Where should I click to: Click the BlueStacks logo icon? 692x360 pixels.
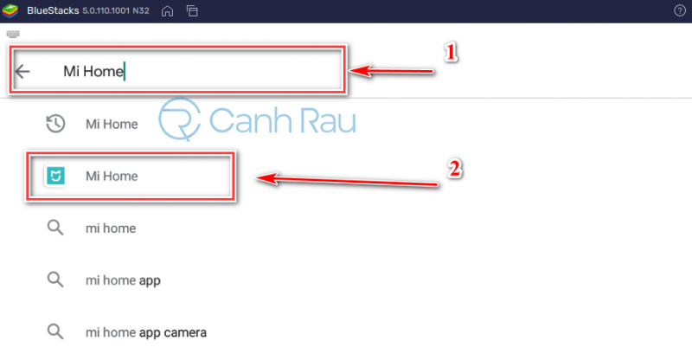[x=10, y=10]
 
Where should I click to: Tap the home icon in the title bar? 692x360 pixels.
[x=167, y=11]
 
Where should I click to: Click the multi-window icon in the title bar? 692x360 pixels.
[x=192, y=11]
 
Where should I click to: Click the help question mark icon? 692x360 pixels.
[x=680, y=10]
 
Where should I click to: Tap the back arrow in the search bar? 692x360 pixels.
[x=22, y=71]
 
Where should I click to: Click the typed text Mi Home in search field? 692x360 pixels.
[x=93, y=71]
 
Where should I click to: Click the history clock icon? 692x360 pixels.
[x=55, y=124]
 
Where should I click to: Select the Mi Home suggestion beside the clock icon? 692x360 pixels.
[x=112, y=124]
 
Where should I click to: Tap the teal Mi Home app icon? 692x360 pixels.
[x=55, y=176]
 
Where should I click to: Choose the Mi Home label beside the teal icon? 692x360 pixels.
[x=112, y=177]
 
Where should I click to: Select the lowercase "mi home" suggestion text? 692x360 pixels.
[x=111, y=228]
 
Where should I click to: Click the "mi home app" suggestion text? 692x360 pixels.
[x=123, y=280]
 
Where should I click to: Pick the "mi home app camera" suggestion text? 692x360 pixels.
[x=146, y=332]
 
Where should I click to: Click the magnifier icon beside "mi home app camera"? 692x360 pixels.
[x=55, y=331]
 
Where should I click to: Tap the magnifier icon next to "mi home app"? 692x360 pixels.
[x=55, y=280]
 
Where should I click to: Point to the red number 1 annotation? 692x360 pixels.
[x=451, y=53]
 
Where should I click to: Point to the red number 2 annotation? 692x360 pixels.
[x=455, y=169]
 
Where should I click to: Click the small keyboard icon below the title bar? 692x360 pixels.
[x=13, y=34]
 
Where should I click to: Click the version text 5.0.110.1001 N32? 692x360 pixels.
[x=116, y=10]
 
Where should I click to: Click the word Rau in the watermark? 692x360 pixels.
[x=327, y=120]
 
